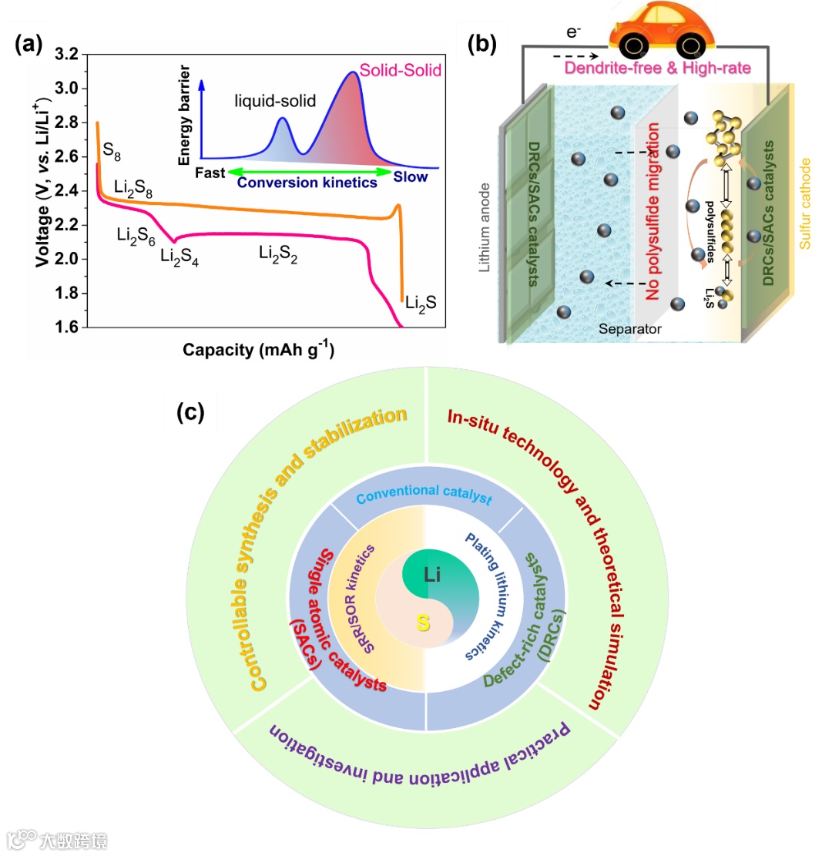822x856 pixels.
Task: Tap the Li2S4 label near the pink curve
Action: (x=179, y=256)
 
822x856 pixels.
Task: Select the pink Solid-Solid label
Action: (x=401, y=72)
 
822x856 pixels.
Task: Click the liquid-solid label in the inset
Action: (x=275, y=101)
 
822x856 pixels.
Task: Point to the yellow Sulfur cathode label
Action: (x=806, y=204)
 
